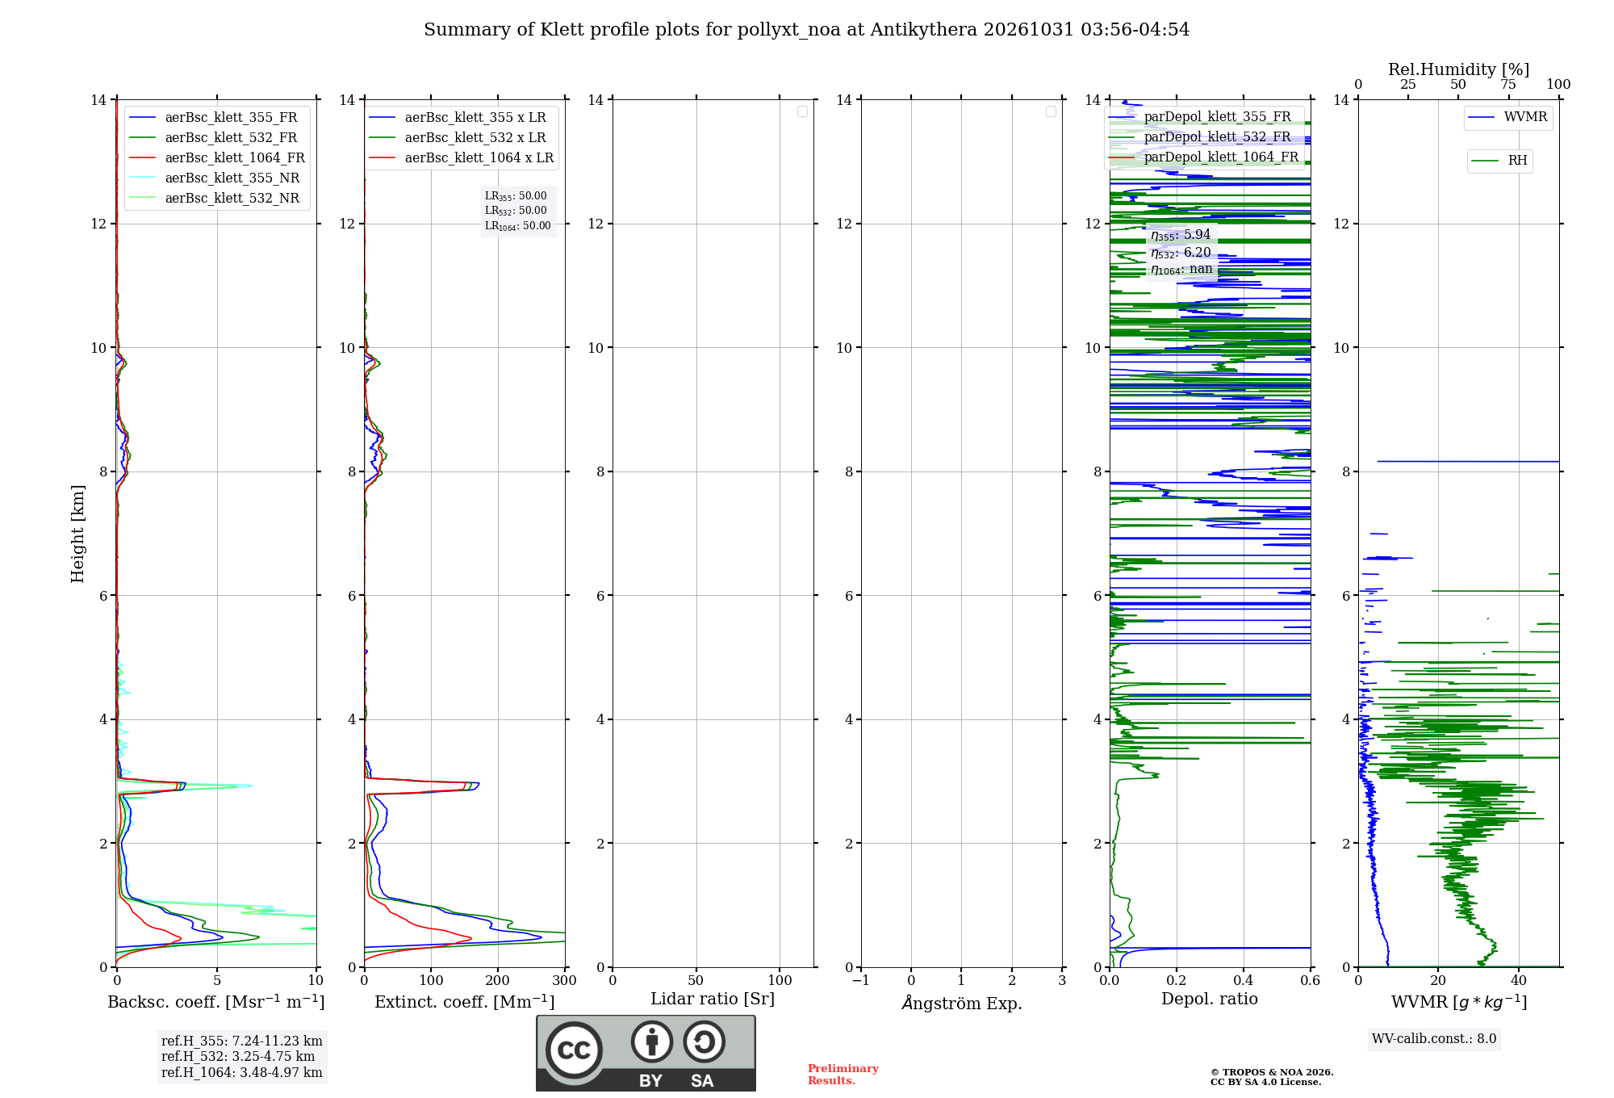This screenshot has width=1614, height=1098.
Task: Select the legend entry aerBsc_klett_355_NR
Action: coord(214,178)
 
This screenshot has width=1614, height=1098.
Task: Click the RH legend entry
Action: coord(1499,161)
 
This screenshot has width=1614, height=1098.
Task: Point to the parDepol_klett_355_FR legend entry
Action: coord(1200,116)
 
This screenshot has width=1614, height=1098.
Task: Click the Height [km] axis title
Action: coord(77,534)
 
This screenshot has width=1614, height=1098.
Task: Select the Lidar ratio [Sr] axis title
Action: coord(713,999)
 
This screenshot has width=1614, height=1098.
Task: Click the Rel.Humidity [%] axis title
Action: coord(1459,69)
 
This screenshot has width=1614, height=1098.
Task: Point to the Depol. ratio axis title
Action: coord(1210,999)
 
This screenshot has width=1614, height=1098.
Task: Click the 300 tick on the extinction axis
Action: coord(564,980)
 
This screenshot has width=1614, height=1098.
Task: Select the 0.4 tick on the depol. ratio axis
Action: coord(1244,980)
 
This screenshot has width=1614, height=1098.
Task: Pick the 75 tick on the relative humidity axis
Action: coord(1508,84)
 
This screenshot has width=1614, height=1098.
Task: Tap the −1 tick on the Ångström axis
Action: coord(861,980)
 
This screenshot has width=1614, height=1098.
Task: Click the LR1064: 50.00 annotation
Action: coord(517,226)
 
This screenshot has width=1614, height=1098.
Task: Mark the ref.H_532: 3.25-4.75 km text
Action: coord(238,1056)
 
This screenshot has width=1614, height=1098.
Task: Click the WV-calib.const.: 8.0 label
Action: coord(1434,1039)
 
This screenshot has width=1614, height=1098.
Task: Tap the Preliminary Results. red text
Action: coord(843,1075)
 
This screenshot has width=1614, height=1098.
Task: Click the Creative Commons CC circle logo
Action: coord(574,1050)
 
